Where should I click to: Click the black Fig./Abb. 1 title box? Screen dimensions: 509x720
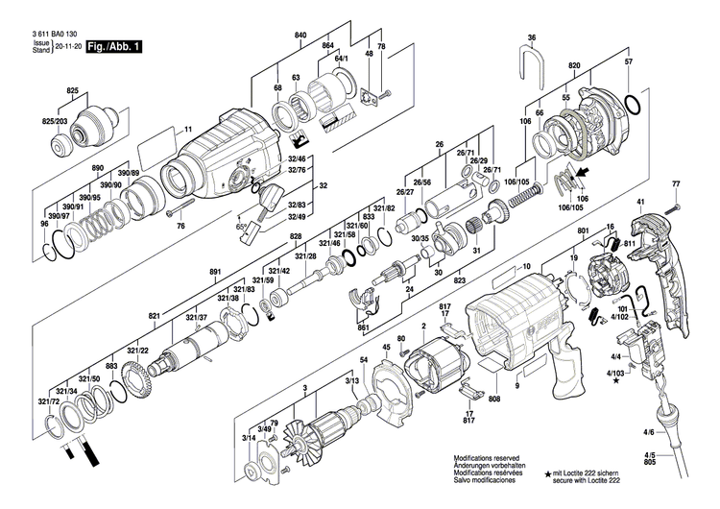point(113,46)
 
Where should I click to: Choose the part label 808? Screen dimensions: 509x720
point(494,399)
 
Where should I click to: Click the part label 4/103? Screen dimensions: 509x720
point(613,371)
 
